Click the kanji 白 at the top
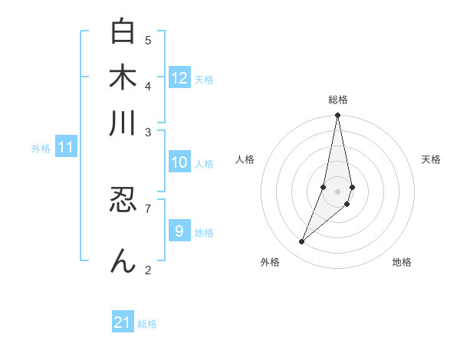[x=123, y=32]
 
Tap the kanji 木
[x=123, y=78]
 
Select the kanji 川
[x=123, y=124]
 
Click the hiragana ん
[x=123, y=261]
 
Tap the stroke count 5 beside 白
[x=148, y=40]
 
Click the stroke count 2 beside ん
[x=148, y=270]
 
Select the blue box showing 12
[x=179, y=77]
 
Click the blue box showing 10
[x=179, y=162]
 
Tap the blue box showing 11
[x=65, y=147]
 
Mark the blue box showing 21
[x=123, y=322]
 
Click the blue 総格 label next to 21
[x=147, y=324]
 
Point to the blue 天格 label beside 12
[x=204, y=79]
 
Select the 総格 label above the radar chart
[x=338, y=100]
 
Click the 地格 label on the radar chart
[x=402, y=262]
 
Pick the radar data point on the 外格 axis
[x=301, y=242]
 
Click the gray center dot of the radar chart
[x=338, y=191]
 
